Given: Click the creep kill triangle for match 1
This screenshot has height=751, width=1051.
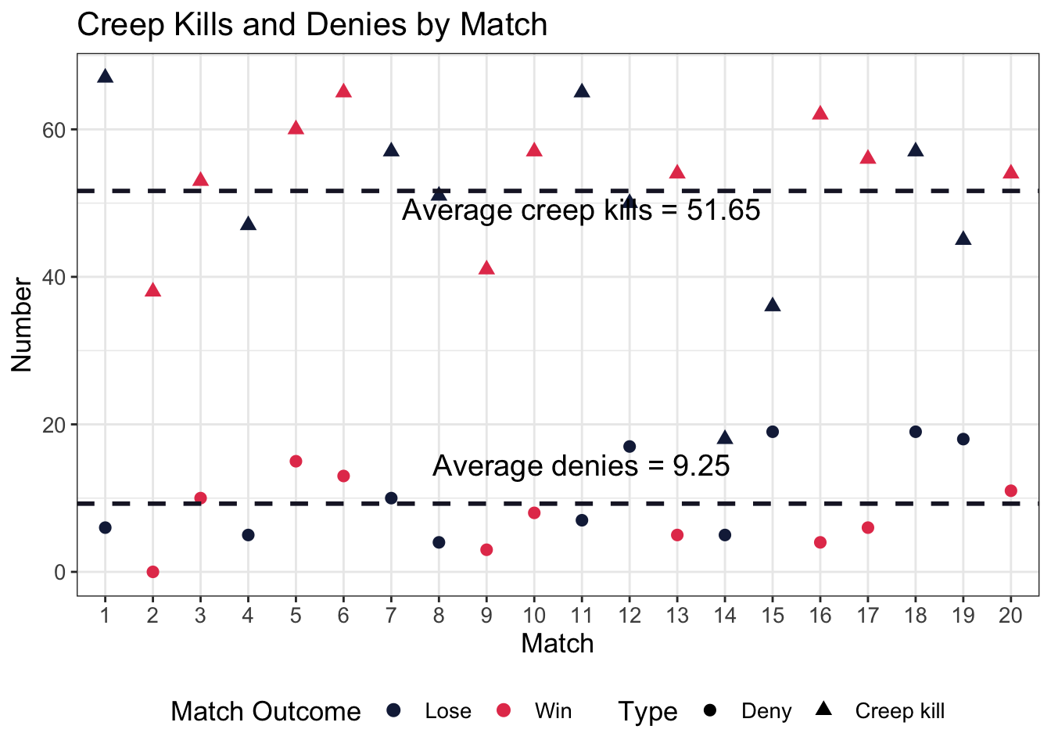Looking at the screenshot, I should coord(105,77).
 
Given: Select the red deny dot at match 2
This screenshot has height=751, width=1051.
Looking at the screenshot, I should coord(152,572).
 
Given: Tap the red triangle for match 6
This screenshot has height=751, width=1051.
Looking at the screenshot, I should coord(343,92).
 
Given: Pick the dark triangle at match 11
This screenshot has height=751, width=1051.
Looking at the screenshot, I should coord(582,92).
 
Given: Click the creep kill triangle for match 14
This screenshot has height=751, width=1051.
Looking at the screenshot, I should coord(725,438).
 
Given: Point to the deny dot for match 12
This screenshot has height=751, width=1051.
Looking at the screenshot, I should coord(630,447).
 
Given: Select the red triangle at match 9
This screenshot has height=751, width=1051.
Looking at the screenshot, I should coord(486,268).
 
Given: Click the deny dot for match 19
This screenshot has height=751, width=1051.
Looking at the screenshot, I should coord(963,439).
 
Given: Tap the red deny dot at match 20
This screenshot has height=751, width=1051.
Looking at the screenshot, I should coord(1010,490).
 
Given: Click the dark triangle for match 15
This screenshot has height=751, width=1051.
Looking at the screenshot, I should coord(773,305).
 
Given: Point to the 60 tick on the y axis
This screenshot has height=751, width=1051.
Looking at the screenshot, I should coord(56,129).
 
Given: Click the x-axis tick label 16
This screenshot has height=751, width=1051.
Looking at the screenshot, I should coord(820,616).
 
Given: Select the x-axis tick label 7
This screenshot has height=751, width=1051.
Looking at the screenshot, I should coord(391,616).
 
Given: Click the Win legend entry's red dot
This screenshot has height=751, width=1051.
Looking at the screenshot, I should coord(504,710).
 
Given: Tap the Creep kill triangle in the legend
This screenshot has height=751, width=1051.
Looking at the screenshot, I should coord(823,710).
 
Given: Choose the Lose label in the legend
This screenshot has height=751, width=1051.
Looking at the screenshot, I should coord(448,711).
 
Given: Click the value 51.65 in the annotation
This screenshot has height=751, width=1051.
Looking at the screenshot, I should coord(723,210).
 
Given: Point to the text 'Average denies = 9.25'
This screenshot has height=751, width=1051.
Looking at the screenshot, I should coord(581,466).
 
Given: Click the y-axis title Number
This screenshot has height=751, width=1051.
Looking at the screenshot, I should coord(22,325).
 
